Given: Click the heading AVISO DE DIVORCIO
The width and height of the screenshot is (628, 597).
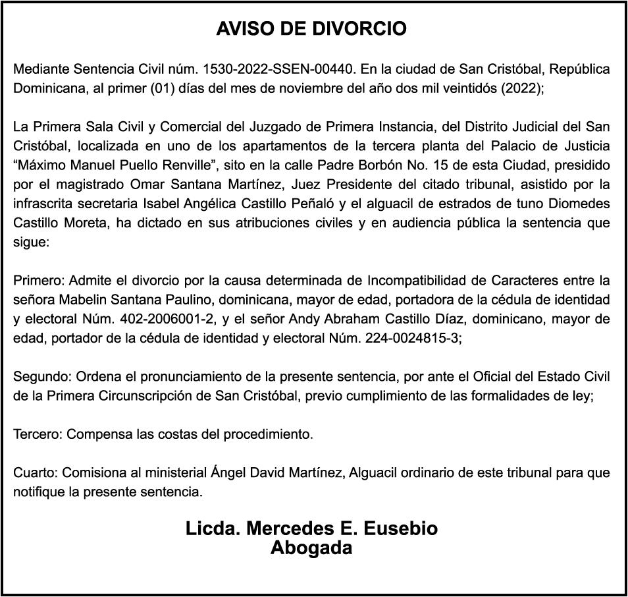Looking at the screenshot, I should click(311, 29).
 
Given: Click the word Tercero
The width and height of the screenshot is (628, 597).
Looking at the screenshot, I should click(38, 435).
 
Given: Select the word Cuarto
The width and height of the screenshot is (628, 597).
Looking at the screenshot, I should click(34, 473).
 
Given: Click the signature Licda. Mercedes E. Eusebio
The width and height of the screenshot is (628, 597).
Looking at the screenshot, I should click(311, 529).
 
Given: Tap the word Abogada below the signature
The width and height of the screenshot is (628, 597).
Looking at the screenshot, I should click(311, 548).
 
